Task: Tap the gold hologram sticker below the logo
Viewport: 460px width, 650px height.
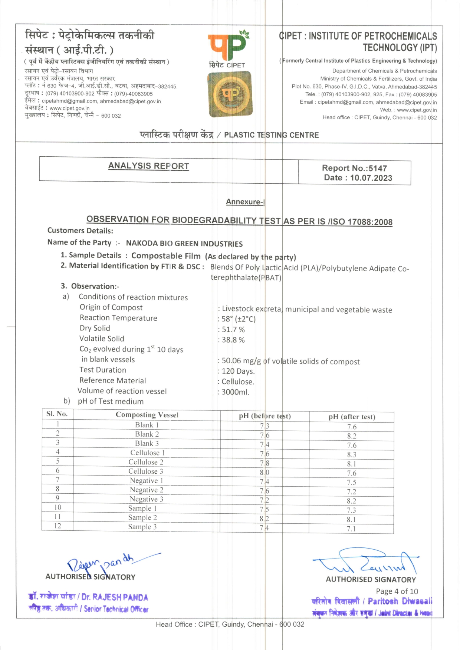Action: [230, 94]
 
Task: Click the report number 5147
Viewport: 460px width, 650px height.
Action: [377, 168]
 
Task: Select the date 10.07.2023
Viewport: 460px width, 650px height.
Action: [371, 178]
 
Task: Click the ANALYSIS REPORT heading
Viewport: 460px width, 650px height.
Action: [148, 166]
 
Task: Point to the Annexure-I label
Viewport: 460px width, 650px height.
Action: [245, 202]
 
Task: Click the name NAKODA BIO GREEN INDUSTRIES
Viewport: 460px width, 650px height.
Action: [184, 244]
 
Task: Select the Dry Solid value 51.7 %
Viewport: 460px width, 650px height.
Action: [233, 330]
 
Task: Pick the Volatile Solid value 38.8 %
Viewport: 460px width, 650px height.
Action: [233, 340]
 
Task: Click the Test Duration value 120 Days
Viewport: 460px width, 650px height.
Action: [238, 371]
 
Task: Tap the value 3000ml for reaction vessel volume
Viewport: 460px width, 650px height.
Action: [235, 392]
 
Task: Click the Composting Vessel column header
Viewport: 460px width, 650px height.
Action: [147, 415]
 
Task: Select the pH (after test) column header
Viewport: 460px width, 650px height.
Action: [352, 417]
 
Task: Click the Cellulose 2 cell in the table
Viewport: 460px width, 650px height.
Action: [146, 462]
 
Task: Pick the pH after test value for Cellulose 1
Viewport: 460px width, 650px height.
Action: [352, 454]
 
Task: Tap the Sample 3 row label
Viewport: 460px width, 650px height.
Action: [142, 527]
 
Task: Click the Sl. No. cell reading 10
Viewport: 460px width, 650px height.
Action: [58, 507]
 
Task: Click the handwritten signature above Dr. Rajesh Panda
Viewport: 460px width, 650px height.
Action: [108, 563]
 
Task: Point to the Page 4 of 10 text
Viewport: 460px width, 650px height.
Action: [397, 591]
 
